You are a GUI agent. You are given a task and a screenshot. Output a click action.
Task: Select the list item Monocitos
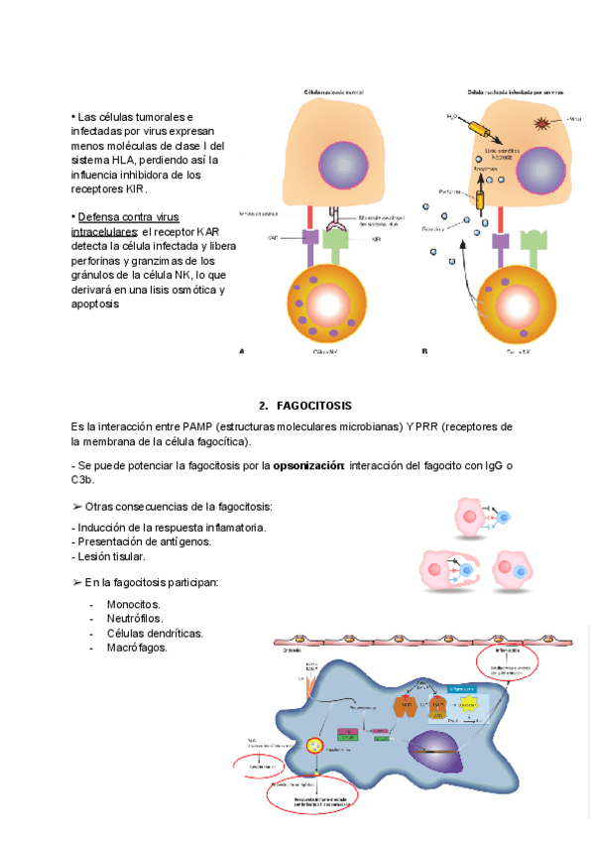(133, 603)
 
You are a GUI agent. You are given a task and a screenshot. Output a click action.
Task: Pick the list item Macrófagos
(137, 648)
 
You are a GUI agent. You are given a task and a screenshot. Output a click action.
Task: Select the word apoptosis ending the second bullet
(96, 303)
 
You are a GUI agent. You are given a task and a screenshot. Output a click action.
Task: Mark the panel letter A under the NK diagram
(242, 350)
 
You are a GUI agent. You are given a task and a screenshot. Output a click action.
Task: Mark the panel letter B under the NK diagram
(424, 350)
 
